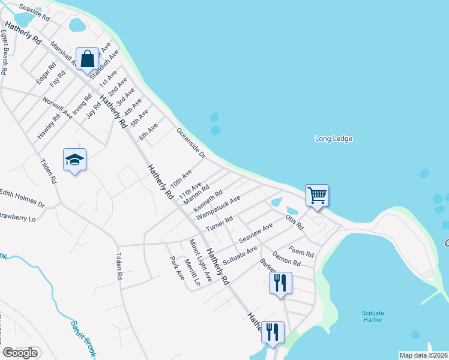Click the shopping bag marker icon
pyautogui.click(x=88, y=59)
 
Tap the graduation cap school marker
pyautogui.click(x=75, y=160)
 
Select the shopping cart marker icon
pyautogui.click(x=317, y=195)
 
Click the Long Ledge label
pyautogui.click(x=334, y=139)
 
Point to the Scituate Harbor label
pyautogui.click(x=373, y=316)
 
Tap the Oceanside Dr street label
pyautogui.click(x=191, y=142)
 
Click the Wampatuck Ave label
pyautogui.click(x=218, y=206)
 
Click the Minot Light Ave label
pyautogui.click(x=200, y=260)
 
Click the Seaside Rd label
pyautogui.click(x=34, y=12)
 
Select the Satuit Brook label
pyautogui.click(x=83, y=337)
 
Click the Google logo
pyautogui.click(x=20, y=353)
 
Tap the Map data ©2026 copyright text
pyautogui.click(x=424, y=355)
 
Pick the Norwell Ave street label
pyautogui.click(x=57, y=106)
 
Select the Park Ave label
pyautogui.click(x=177, y=268)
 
